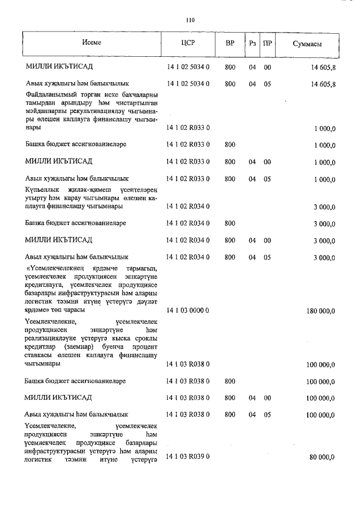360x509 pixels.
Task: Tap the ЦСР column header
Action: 188,44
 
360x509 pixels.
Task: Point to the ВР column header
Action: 230,44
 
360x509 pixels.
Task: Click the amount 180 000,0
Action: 319,310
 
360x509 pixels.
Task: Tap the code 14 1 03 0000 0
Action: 188,310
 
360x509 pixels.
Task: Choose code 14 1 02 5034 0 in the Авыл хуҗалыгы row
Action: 188,84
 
